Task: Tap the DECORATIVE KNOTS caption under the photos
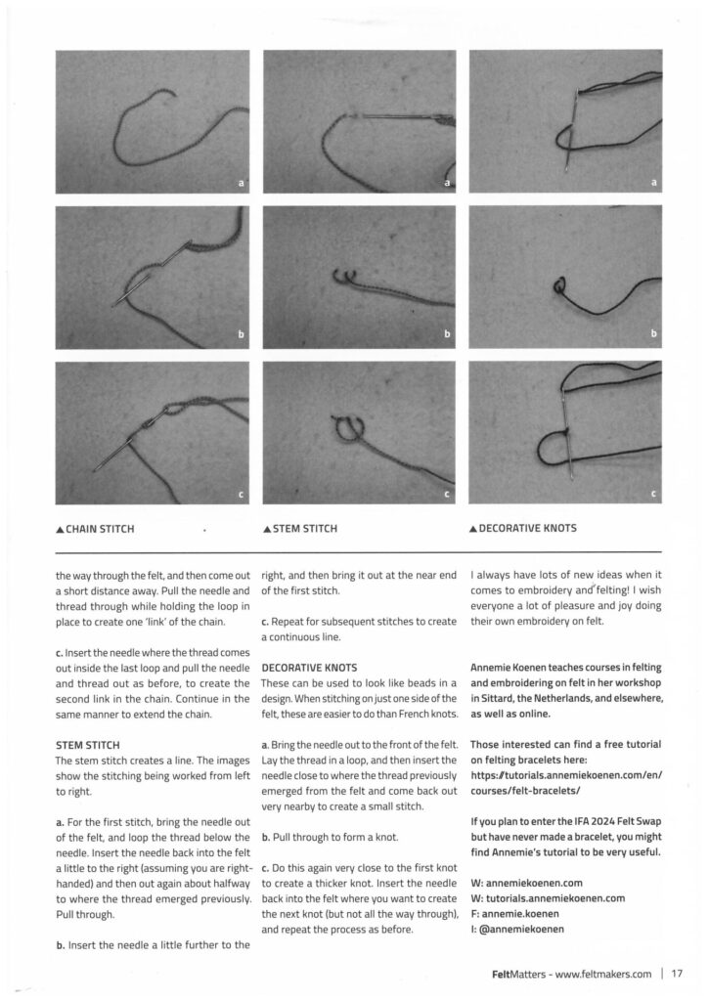point(528,529)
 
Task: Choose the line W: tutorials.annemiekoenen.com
point(547,897)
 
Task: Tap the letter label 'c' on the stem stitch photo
point(447,494)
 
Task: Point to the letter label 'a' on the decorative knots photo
point(654,182)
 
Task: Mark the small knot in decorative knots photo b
point(560,287)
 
